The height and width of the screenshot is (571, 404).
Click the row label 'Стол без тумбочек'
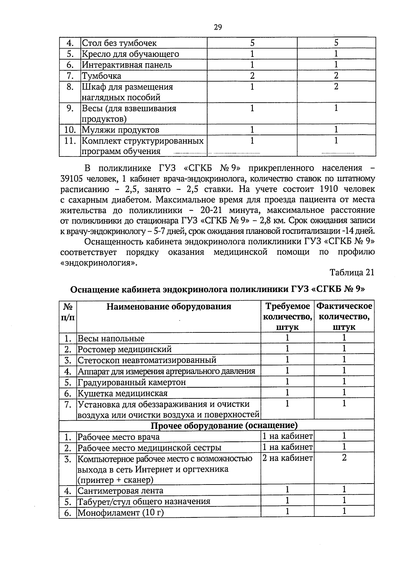[x=119, y=43]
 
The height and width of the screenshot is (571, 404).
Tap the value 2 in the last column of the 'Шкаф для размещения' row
[x=336, y=86]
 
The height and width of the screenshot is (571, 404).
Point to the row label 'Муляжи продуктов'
[x=121, y=130]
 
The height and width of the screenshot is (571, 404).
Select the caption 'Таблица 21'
[x=352, y=273]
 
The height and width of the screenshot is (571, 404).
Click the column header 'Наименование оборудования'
[x=169, y=307]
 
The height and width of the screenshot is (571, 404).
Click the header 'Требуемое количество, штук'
[x=287, y=317]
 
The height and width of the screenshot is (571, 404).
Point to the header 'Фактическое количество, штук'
[x=344, y=317]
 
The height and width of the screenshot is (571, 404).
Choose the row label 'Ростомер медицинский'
[x=125, y=349]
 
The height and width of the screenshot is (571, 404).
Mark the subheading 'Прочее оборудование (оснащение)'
[x=224, y=426]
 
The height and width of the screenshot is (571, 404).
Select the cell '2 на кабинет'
[x=287, y=458]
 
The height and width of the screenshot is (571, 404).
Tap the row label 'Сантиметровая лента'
[x=120, y=491]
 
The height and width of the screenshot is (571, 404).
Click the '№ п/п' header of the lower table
[x=68, y=312]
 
